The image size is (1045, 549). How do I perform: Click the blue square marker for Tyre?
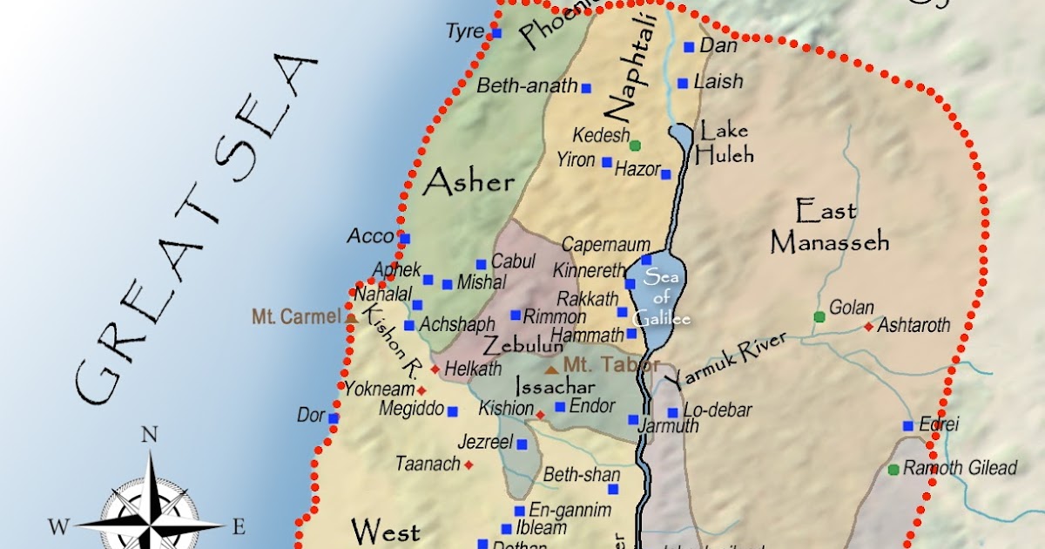[x=496, y=33]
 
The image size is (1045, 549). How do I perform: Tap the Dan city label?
[x=718, y=46]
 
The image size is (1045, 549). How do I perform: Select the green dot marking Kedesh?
[x=635, y=145]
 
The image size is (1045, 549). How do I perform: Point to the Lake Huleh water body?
[x=680, y=136]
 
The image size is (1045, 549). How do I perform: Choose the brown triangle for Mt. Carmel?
[x=351, y=318]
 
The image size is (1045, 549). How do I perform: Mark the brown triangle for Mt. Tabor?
[x=550, y=369]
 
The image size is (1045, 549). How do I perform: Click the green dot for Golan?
[x=819, y=316]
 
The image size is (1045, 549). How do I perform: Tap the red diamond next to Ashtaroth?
[x=868, y=327]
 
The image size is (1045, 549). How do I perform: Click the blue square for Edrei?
[x=908, y=426]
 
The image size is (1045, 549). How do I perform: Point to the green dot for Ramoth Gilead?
[x=893, y=470]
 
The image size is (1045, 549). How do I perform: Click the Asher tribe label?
[x=469, y=183]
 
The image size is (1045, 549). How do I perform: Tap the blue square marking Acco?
[x=403, y=236]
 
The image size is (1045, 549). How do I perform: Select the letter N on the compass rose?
[x=149, y=435]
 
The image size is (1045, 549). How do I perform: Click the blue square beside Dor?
[x=334, y=418]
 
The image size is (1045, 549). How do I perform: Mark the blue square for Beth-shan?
[x=613, y=490]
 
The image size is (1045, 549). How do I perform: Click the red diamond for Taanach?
[x=469, y=465]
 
